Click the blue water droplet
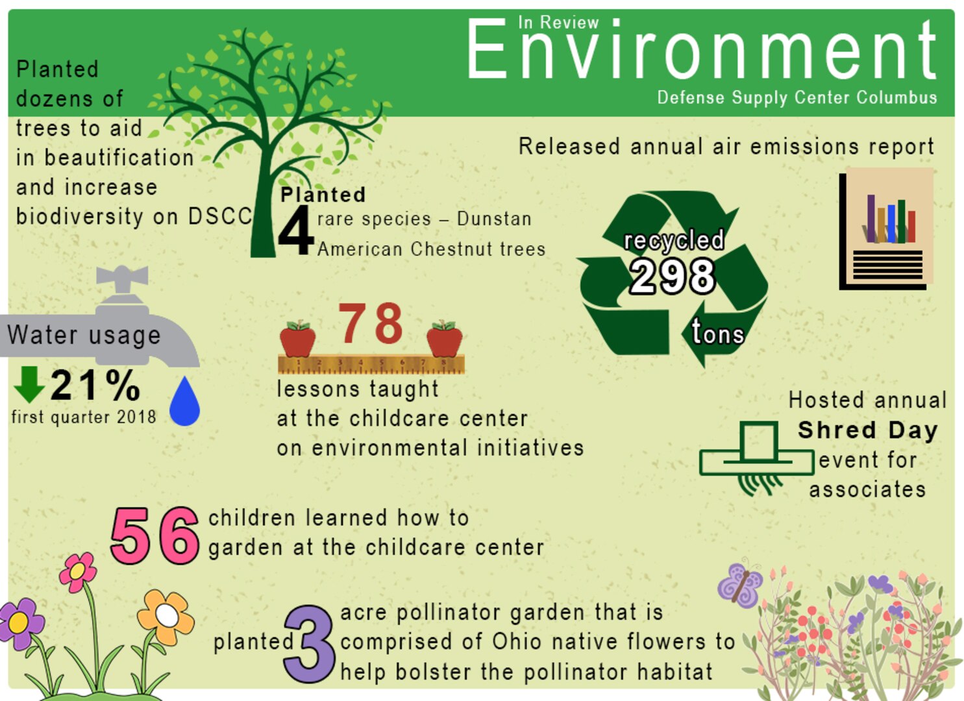(x=184, y=402)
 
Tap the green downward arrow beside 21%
(x=29, y=384)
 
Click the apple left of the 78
(x=297, y=339)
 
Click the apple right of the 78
(x=445, y=339)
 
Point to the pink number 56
(x=154, y=536)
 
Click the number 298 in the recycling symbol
(x=673, y=276)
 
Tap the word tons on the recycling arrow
(x=717, y=333)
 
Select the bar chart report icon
(x=887, y=230)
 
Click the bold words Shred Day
(x=867, y=430)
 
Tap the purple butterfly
(x=741, y=584)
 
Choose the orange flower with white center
(x=166, y=616)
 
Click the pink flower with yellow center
(x=78, y=571)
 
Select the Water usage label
(x=84, y=335)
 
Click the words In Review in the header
(x=558, y=23)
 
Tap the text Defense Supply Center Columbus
(x=797, y=97)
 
